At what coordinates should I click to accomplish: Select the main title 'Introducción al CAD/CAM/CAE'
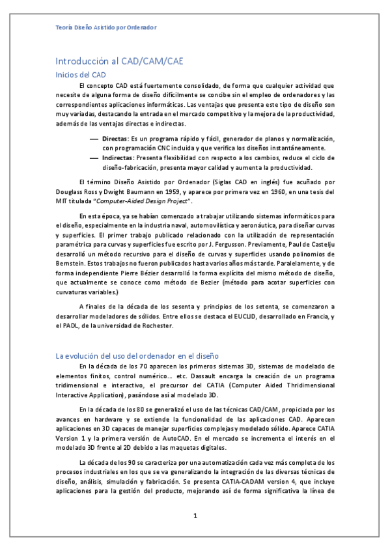[118, 61]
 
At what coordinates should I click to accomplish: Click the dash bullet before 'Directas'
[93, 139]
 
